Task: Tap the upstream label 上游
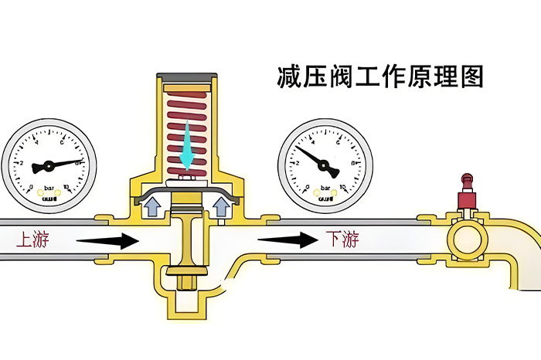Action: point(32,240)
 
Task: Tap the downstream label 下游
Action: point(342,239)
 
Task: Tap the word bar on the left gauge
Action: point(48,188)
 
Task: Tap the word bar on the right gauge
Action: point(325,188)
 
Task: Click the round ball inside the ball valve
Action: point(467,241)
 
